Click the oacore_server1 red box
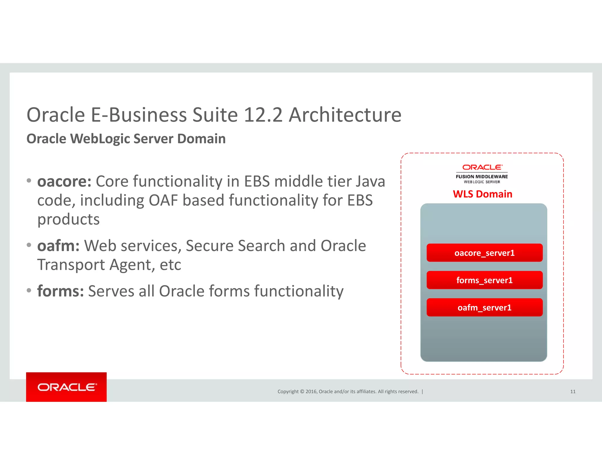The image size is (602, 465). click(484, 253)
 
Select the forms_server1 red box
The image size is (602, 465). click(484, 280)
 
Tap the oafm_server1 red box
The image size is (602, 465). click(484, 307)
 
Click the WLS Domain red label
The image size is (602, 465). click(482, 194)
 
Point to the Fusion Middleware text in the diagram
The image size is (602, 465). click(482, 177)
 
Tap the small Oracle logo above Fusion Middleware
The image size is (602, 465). click(482, 167)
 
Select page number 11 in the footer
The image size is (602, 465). click(573, 392)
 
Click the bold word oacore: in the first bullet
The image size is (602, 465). click(64, 181)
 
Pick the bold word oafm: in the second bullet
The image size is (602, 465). click(58, 246)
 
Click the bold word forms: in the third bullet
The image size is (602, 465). click(61, 291)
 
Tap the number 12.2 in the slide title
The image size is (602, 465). click(263, 115)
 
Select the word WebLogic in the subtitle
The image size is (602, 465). click(100, 139)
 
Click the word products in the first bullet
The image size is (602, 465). click(68, 220)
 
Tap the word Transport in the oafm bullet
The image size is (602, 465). click(71, 265)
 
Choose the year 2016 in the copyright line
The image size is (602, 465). click(311, 392)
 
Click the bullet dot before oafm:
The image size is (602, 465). click(29, 245)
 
